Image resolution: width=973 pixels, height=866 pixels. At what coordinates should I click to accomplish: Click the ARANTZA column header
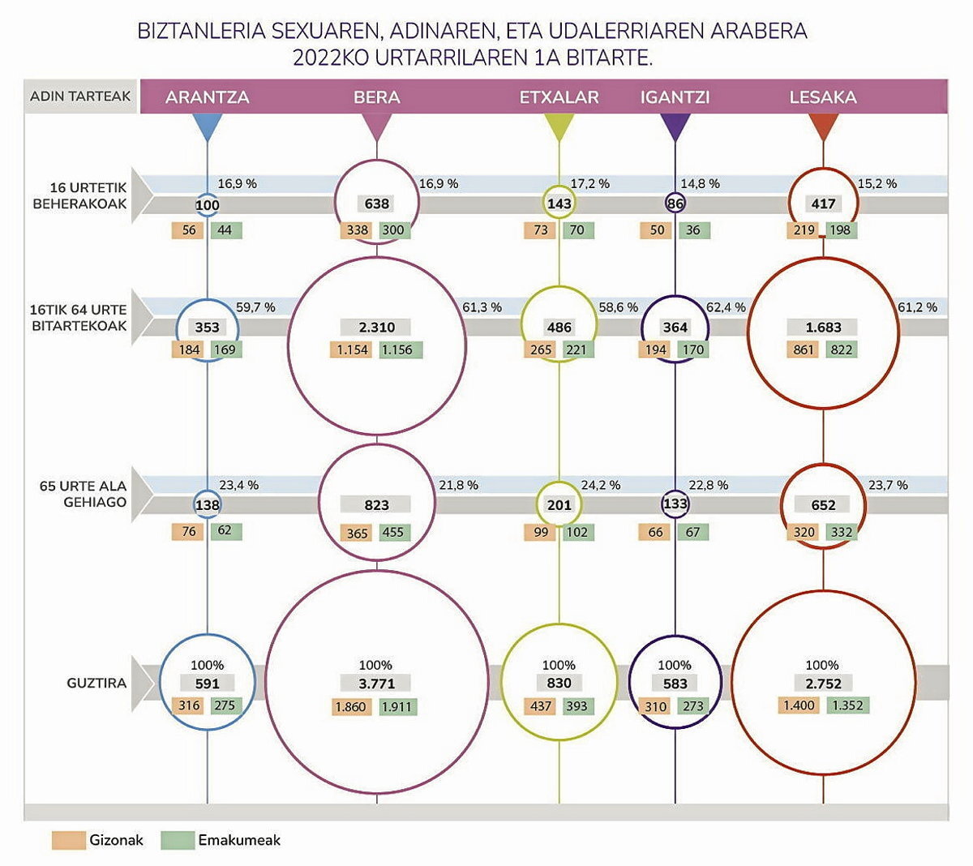pos(207,97)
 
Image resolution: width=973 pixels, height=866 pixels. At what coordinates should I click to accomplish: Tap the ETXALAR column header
pos(559,97)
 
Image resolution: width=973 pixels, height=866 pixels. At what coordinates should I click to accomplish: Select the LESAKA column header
pos(823,97)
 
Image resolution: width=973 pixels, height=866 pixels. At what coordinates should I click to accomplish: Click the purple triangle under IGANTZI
pos(675,126)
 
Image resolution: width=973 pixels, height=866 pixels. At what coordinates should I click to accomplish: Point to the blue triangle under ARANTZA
pos(208,126)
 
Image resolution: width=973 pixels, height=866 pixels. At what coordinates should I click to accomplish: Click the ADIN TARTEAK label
pos(80,96)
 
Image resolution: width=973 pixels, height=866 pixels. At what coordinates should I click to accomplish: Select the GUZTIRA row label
pos(96,683)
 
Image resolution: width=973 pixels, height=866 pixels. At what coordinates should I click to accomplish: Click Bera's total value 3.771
pos(376,684)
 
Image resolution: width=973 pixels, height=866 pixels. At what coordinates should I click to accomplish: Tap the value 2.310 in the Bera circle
pos(376,328)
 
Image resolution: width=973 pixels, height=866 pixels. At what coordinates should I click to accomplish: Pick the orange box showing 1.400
pos(799,705)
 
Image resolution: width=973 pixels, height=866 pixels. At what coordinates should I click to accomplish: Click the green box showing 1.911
pos(397,706)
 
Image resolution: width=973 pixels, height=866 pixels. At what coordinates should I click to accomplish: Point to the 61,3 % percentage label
pos(482,307)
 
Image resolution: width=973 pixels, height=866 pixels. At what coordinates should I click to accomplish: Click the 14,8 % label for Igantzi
pos(700,183)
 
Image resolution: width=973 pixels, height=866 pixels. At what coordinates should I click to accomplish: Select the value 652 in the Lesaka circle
pos(823,504)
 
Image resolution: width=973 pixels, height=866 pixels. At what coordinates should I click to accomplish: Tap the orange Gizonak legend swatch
pos(68,840)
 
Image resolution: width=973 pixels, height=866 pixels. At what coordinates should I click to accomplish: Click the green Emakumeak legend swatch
pos(178,840)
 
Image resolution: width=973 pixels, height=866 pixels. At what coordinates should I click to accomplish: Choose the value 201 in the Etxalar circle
pos(559,504)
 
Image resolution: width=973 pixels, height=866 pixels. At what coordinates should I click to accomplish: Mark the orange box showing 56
pos(189,230)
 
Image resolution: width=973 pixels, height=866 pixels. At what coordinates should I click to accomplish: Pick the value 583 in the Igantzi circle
pos(675,684)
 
